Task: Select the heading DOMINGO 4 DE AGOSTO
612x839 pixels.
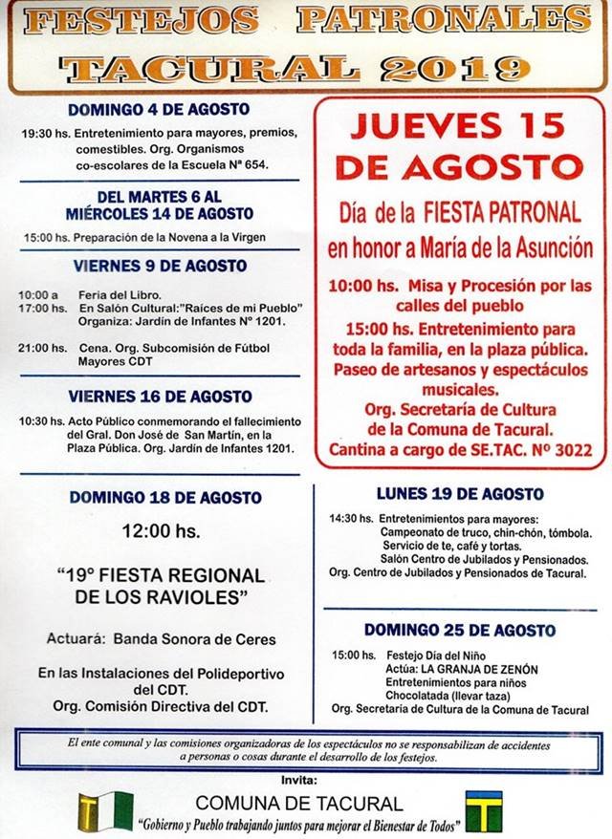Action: coord(159,110)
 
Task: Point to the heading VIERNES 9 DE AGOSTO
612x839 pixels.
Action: coord(159,265)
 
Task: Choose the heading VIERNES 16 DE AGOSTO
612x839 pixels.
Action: coord(161,396)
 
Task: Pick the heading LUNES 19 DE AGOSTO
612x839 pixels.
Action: coord(460,494)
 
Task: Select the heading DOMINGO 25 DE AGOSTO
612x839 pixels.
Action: coord(460,631)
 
